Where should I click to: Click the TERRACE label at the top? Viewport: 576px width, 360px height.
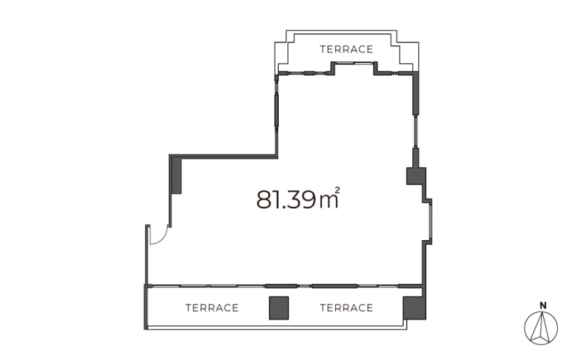coord(346,49)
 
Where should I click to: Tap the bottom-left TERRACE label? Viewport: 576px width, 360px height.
coord(212,308)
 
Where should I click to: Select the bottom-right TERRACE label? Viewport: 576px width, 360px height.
coord(346,308)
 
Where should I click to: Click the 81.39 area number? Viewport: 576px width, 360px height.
coord(286,200)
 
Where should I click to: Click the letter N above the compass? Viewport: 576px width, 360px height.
coord(543,305)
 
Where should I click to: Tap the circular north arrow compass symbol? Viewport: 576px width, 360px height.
coord(541,329)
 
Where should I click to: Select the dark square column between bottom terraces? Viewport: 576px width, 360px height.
coord(279,308)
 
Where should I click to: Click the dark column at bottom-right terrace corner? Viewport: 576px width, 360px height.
coord(414,308)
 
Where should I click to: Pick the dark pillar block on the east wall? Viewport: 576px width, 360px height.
coord(416,176)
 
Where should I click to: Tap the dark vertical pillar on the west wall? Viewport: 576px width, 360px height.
coord(177,175)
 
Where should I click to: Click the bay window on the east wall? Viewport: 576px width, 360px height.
coord(430,222)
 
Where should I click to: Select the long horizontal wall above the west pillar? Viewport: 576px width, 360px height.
coord(223,156)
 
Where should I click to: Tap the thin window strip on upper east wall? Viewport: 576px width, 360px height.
coord(416,132)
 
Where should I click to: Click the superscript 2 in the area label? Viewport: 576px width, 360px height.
coord(337,190)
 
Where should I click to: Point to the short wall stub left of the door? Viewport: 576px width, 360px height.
coord(148,234)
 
